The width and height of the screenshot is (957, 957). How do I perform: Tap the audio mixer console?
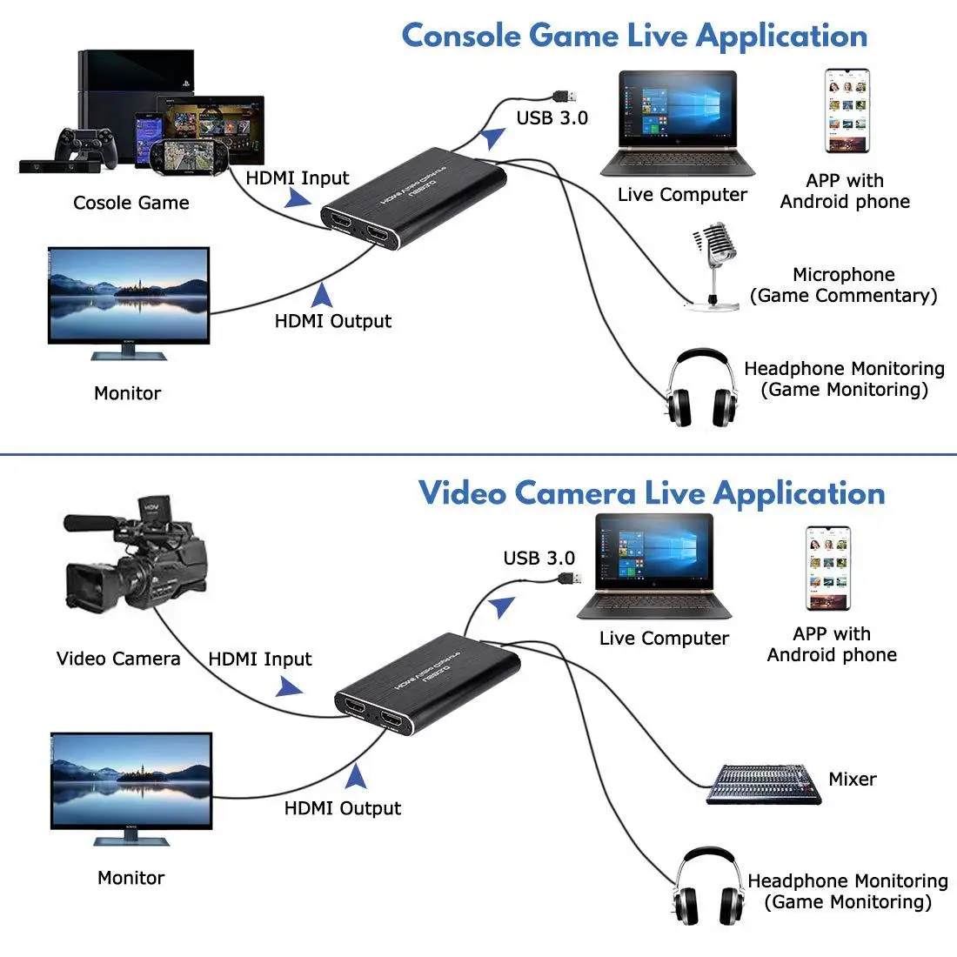click(x=762, y=784)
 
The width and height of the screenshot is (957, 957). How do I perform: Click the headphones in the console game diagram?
click(x=699, y=389)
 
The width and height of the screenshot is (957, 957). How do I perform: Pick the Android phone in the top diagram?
click(x=847, y=110)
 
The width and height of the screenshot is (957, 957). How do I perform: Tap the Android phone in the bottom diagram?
click(x=827, y=567)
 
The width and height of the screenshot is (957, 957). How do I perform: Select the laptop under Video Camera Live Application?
click(x=654, y=565)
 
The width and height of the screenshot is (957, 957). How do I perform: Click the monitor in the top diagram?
click(x=129, y=301)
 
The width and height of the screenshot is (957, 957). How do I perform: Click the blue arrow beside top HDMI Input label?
click(x=298, y=198)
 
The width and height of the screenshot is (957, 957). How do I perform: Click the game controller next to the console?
click(x=85, y=146)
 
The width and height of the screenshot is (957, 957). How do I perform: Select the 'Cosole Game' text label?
click(x=130, y=203)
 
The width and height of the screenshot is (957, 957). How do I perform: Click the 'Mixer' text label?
click(x=852, y=779)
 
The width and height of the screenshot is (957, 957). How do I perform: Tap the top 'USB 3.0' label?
click(x=552, y=118)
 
